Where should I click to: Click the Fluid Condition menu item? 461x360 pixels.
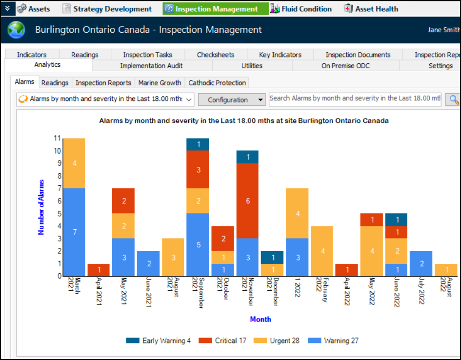pyautogui.click(x=301, y=9)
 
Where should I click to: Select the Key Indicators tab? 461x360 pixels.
pyautogui.click(x=280, y=55)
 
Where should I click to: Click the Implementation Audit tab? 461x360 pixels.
pyautogui.click(x=152, y=65)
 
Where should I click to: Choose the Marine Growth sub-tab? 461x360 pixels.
pyautogui.click(x=160, y=83)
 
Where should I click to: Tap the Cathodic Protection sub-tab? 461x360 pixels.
pyautogui.click(x=217, y=83)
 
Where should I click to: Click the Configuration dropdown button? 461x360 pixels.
pyautogui.click(x=232, y=100)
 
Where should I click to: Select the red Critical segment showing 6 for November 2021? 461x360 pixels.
pyautogui.click(x=248, y=200)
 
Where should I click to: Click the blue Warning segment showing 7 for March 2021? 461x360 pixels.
pyautogui.click(x=74, y=232)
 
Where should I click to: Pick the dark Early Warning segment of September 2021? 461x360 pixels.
pyautogui.click(x=198, y=144)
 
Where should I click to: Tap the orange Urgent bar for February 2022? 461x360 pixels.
pyautogui.click(x=322, y=251)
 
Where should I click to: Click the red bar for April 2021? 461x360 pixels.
pyautogui.click(x=99, y=270)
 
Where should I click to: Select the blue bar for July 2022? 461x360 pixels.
pyautogui.click(x=421, y=263)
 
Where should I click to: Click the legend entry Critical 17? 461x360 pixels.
pyautogui.click(x=225, y=340)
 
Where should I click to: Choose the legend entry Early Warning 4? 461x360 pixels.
pyautogui.click(x=159, y=340)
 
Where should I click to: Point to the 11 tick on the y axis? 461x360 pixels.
pyautogui.click(x=57, y=138)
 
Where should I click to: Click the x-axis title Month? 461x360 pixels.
pyautogui.click(x=261, y=319)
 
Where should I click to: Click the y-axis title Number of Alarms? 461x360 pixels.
pyautogui.click(x=41, y=207)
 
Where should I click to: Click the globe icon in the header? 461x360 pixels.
pyautogui.click(x=17, y=30)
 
